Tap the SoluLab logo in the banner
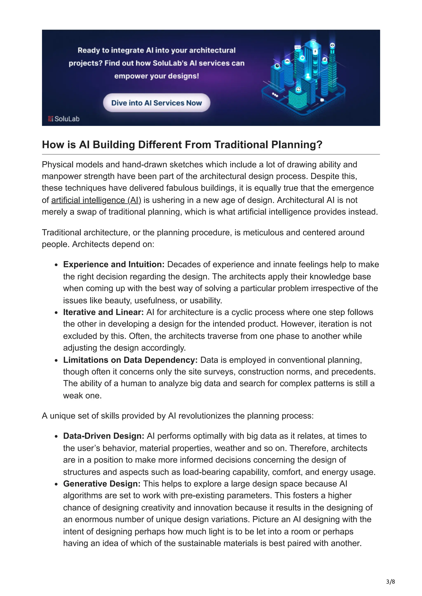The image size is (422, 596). pyautogui.click(x=64, y=119)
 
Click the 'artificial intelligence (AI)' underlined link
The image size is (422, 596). pyautogui.click(x=96, y=200)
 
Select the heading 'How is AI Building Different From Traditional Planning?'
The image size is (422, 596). pyautogui.click(x=182, y=145)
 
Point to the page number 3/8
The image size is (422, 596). pyautogui.click(x=390, y=581)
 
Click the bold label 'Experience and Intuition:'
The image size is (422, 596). pyautogui.click(x=114, y=264)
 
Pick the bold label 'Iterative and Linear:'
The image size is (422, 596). pyautogui.click(x=103, y=312)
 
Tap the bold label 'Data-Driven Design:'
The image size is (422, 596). pyautogui.click(x=103, y=436)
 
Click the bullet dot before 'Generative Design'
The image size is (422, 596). pyautogui.click(x=56, y=484)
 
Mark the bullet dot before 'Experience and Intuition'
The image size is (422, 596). pyautogui.click(x=56, y=265)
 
